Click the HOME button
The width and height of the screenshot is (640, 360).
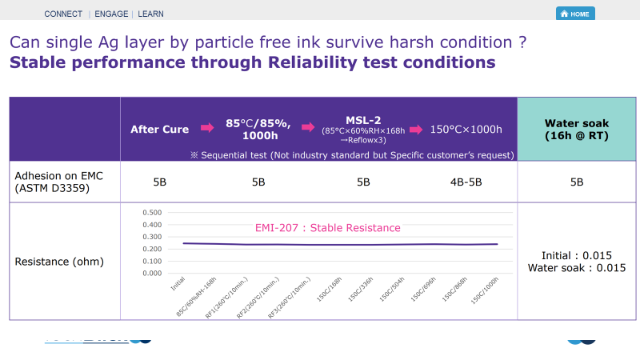(x=575, y=14)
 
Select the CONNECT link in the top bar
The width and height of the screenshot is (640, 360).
(x=63, y=14)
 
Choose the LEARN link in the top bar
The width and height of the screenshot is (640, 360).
(x=151, y=14)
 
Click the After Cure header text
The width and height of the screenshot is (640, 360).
(x=159, y=129)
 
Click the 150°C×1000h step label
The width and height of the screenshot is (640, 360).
(x=466, y=129)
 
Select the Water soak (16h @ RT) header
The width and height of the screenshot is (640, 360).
(x=578, y=129)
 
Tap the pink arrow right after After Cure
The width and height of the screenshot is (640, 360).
(x=206, y=128)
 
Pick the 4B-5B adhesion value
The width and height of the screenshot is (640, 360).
(x=466, y=182)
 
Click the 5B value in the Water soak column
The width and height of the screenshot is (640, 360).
(x=577, y=182)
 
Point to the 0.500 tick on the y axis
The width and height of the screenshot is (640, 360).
(x=151, y=213)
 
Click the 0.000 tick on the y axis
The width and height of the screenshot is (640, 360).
(x=151, y=273)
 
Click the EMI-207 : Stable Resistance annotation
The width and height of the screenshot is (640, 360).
(x=327, y=228)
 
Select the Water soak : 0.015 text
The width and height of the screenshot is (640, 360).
(x=577, y=268)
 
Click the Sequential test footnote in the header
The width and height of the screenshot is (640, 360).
(x=352, y=154)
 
